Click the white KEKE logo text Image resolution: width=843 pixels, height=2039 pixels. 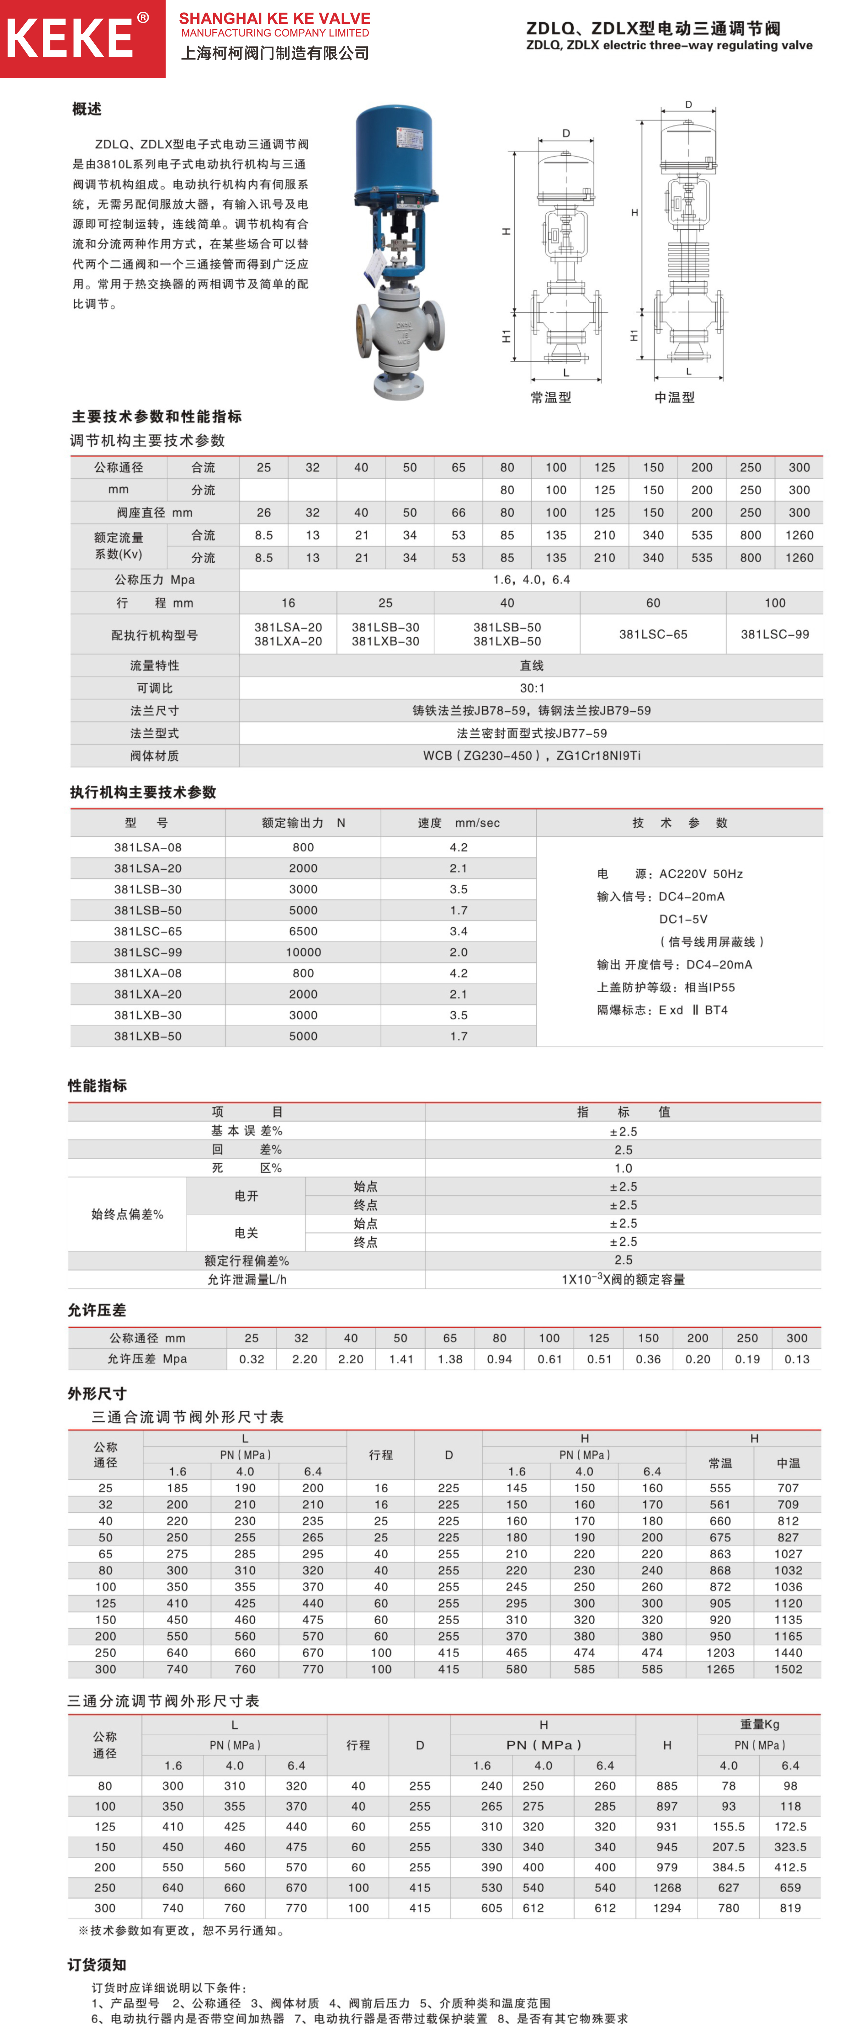tap(70, 38)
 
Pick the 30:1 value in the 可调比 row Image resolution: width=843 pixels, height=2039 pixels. tap(531, 688)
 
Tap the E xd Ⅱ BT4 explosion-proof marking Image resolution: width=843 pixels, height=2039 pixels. tap(693, 1010)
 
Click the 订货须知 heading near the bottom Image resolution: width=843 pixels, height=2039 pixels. tap(98, 1965)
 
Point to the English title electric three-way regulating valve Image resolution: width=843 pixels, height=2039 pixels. tap(669, 45)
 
